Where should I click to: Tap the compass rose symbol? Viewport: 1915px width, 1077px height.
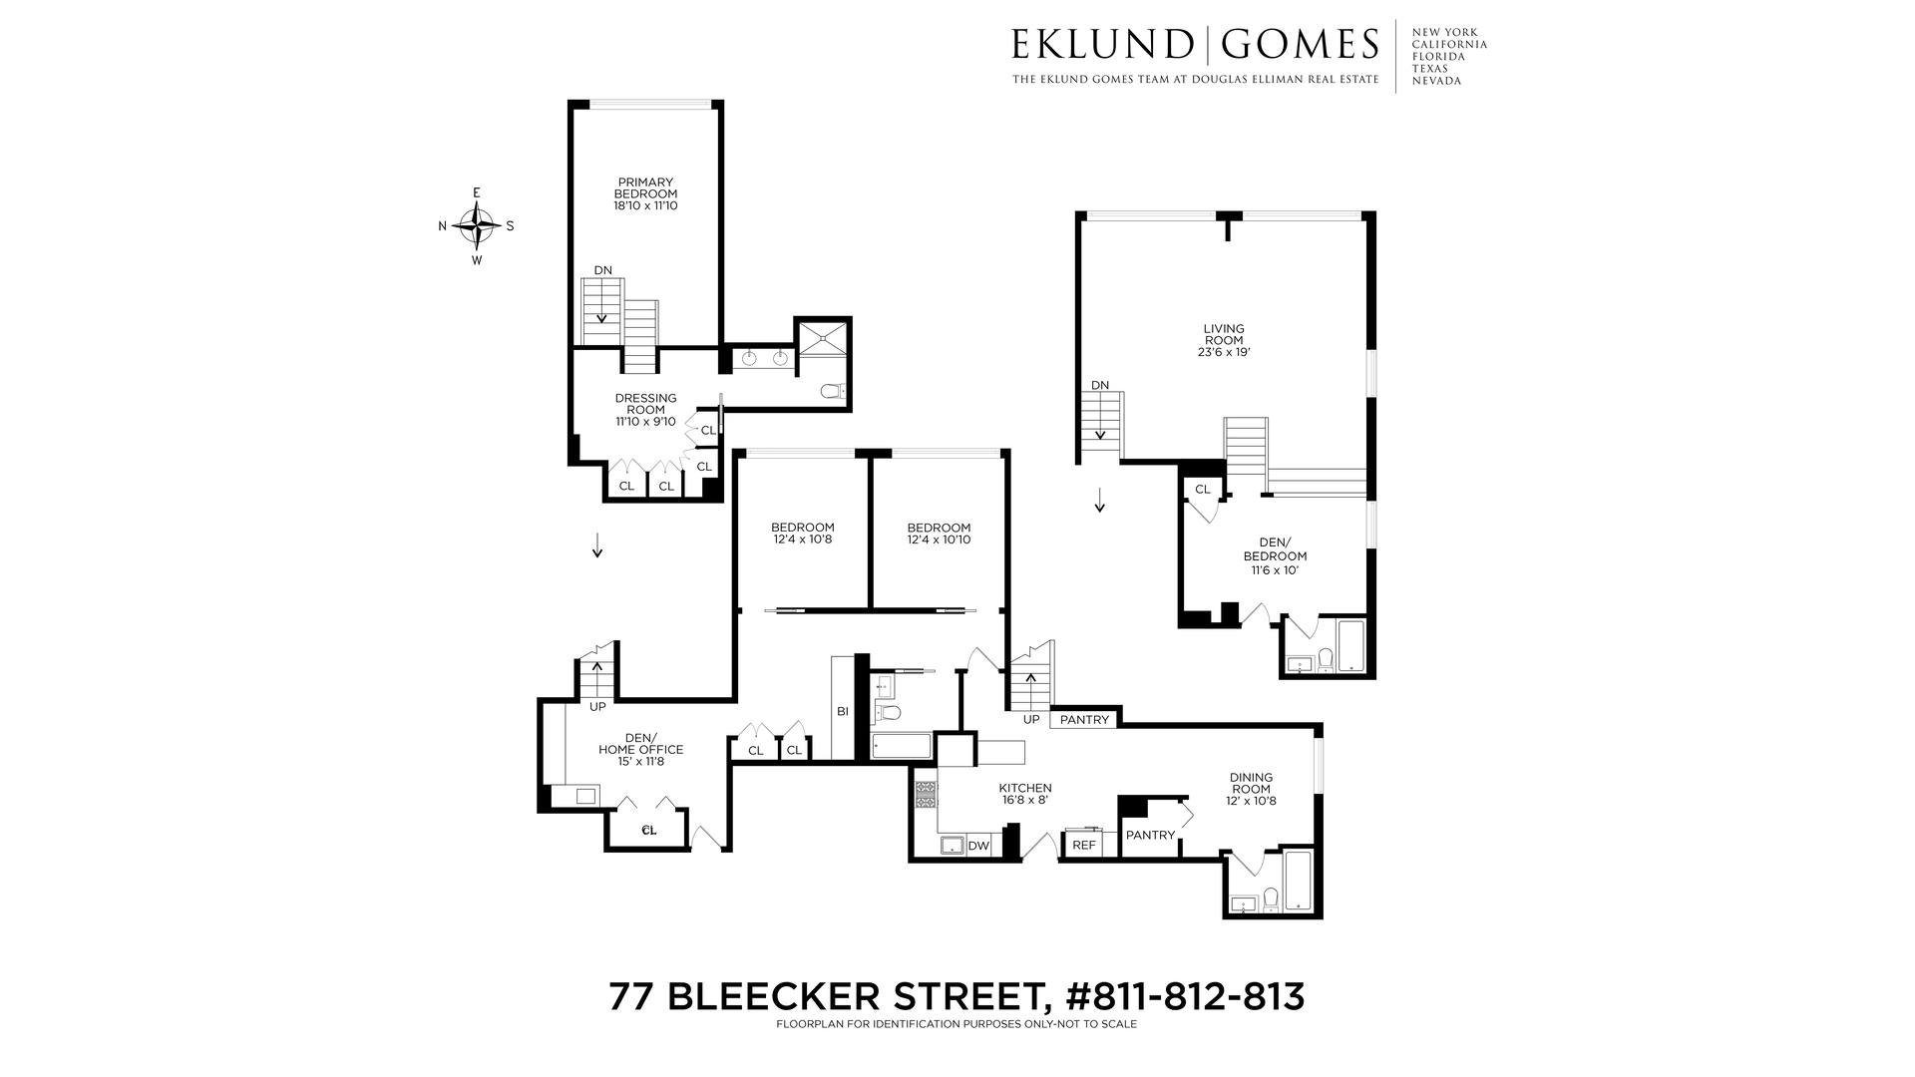click(477, 226)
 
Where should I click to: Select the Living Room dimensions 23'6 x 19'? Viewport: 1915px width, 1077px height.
click(1223, 352)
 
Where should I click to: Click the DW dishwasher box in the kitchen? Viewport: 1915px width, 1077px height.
click(978, 846)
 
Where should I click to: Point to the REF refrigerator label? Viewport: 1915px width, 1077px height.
click(1083, 845)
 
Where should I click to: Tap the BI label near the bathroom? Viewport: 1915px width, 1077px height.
click(842, 711)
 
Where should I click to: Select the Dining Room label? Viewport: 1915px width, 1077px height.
click(1251, 783)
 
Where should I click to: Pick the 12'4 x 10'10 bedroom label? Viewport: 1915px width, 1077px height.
click(939, 534)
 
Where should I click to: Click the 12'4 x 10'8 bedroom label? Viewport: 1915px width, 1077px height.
click(802, 534)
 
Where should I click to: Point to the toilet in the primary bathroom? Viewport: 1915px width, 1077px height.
click(833, 392)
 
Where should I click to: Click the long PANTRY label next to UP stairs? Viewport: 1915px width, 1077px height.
click(1084, 719)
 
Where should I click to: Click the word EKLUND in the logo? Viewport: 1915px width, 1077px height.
click(1101, 45)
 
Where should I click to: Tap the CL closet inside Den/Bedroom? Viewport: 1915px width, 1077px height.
click(1202, 489)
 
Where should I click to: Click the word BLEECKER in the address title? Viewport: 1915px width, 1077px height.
click(847, 996)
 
